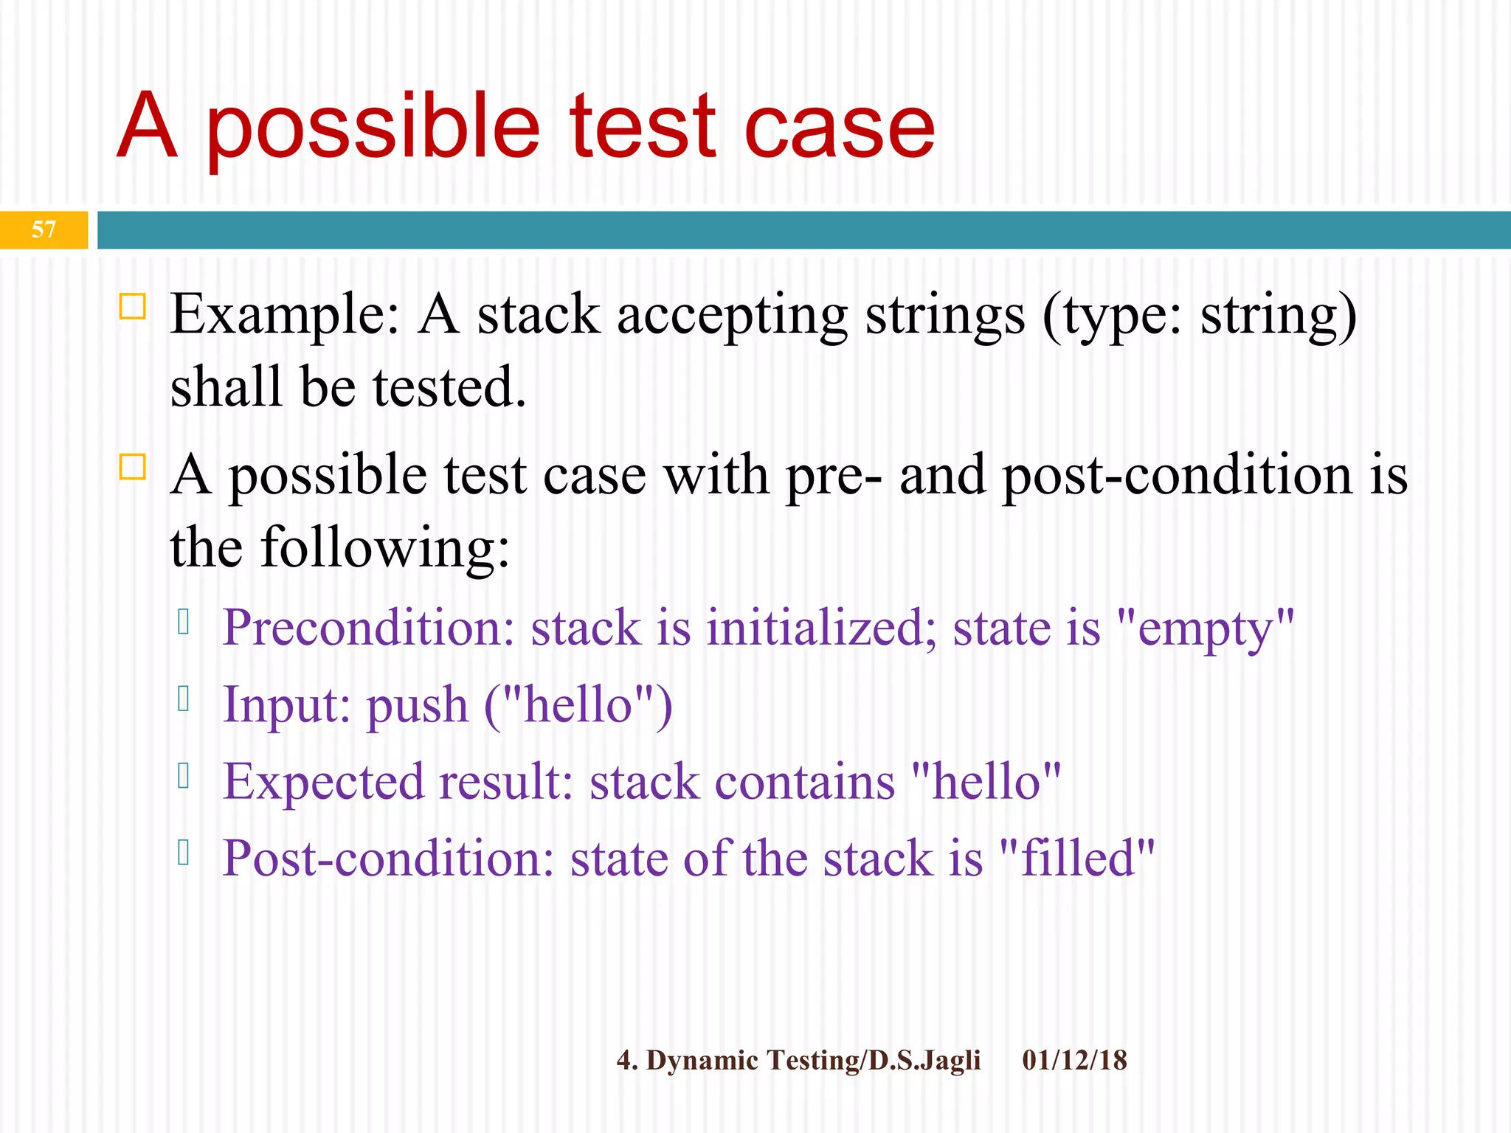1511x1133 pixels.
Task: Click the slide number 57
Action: click(x=44, y=229)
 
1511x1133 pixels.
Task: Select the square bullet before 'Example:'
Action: click(x=133, y=305)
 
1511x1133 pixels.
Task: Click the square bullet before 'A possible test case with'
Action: click(x=133, y=467)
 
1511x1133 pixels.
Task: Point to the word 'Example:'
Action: click(x=285, y=316)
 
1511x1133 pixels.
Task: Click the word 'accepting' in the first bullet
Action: click(x=732, y=316)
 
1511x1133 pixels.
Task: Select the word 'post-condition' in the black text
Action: click(x=1178, y=476)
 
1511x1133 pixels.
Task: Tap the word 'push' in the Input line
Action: click(x=418, y=705)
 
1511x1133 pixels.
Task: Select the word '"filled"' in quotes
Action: click(x=1077, y=859)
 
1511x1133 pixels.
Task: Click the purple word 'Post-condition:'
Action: click(x=388, y=859)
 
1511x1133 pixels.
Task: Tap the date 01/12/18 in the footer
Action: click(x=1074, y=1060)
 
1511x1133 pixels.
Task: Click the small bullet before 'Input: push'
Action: click(x=184, y=699)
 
